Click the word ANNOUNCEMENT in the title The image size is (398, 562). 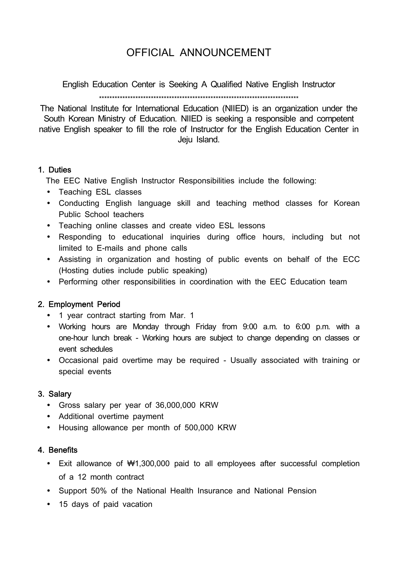225,53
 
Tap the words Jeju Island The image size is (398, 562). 199,140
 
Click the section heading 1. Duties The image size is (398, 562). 55,170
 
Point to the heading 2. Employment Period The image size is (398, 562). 79,304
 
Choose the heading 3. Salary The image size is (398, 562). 55,394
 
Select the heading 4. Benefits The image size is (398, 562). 58,450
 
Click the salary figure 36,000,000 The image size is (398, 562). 175,405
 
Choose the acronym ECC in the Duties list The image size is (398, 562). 351,259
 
